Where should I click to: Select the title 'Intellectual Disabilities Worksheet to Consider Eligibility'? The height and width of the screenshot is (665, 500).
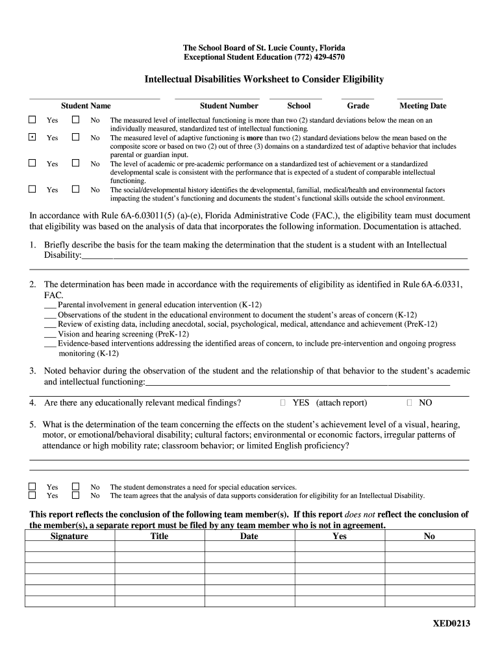click(264, 79)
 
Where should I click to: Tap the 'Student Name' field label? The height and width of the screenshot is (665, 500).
click(86, 106)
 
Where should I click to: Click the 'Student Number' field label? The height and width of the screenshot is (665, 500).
click(229, 106)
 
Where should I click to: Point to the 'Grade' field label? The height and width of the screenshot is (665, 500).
click(358, 106)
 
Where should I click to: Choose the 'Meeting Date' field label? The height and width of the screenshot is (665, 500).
click(423, 106)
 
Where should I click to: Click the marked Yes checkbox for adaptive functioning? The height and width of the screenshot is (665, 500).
click(32, 138)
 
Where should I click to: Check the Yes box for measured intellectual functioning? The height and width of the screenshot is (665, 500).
click(32, 120)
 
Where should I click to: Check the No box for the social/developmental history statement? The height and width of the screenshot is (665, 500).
click(75, 190)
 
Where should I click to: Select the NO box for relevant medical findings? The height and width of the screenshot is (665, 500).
click(408, 403)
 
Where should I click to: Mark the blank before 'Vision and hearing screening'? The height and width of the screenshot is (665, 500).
click(50, 334)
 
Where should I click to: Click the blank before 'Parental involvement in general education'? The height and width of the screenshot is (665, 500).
click(50, 305)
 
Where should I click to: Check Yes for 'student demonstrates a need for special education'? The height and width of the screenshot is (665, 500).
click(32, 486)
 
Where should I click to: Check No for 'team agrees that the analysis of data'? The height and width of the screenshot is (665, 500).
click(75, 496)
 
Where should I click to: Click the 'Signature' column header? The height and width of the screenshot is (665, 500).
click(69, 536)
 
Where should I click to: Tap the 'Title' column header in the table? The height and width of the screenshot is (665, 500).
click(159, 536)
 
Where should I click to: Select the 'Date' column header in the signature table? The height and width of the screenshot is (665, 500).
click(249, 536)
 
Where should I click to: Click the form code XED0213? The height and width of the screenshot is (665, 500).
click(451, 624)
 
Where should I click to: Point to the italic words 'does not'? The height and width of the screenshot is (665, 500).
click(360, 515)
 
